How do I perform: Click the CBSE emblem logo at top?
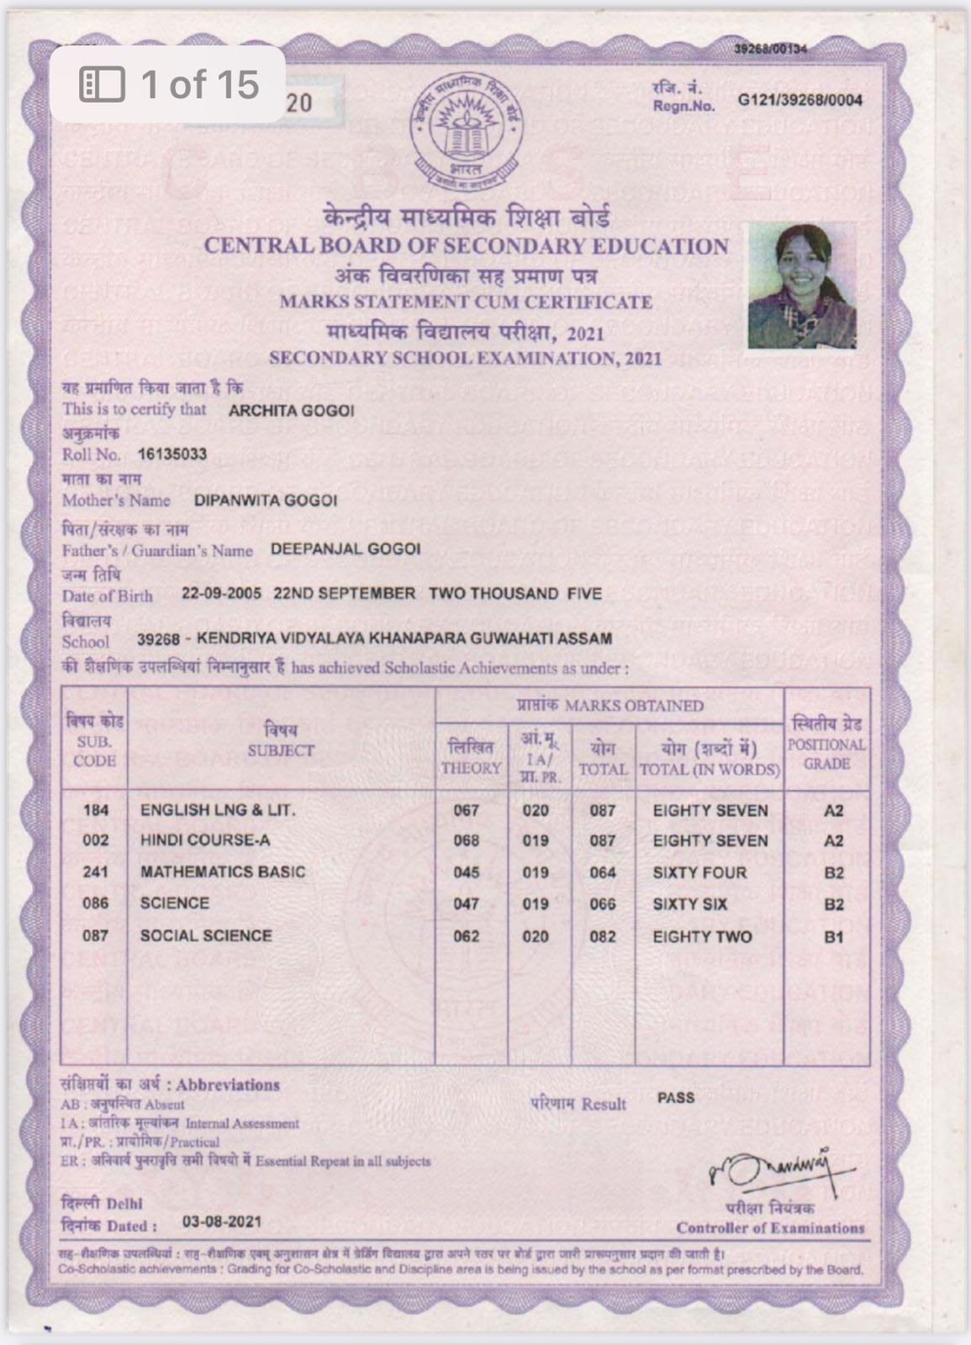point(466,131)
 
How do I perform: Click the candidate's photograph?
point(802,285)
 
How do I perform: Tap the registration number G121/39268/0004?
point(799,101)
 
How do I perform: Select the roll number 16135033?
point(172,455)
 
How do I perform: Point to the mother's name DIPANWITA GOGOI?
point(266,501)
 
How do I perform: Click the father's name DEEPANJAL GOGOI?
point(346,550)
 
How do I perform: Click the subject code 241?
point(95,872)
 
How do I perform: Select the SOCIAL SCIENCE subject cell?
point(206,936)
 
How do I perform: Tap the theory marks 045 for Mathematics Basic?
point(466,873)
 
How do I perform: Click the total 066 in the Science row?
point(602,905)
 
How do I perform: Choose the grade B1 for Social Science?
point(833,936)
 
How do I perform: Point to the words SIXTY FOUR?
point(699,873)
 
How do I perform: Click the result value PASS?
point(676,1098)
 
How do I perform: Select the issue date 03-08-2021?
point(222,1221)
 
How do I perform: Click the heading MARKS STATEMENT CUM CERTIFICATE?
point(466,302)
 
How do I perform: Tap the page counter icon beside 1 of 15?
point(102,84)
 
